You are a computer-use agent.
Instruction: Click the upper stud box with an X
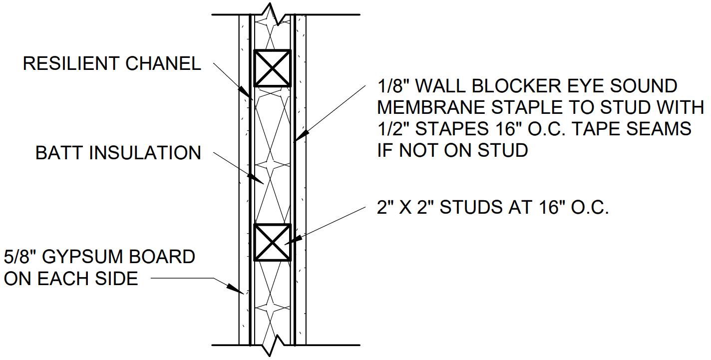tap(272, 68)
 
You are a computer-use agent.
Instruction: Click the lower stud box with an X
tap(272, 243)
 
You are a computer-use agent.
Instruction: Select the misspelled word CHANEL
tap(163, 63)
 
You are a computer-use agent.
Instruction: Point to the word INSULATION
tap(145, 153)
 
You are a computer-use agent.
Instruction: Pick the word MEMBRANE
tap(431, 107)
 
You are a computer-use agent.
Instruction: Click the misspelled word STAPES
tap(452, 129)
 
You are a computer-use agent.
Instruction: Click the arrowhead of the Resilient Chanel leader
tap(247, 92)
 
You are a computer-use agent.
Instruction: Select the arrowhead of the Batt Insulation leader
tap(256, 179)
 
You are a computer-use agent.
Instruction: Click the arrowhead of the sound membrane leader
tap(301, 135)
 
